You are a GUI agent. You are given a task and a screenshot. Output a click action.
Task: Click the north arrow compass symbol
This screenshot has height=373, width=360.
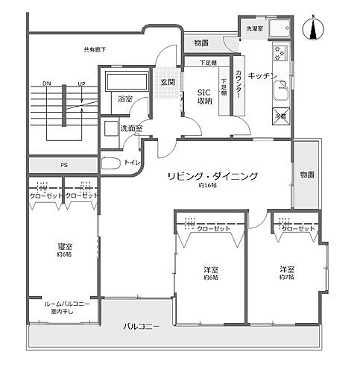tap(315, 29)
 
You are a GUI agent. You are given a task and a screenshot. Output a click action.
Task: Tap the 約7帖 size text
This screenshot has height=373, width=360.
tap(286, 277)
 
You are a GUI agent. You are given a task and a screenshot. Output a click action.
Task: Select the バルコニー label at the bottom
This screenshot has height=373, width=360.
tap(141, 326)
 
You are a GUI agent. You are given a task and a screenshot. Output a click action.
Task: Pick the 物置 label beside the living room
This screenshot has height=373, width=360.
tap(306, 175)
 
